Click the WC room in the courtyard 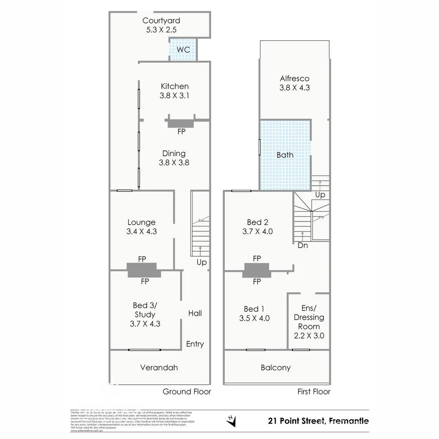pyautogui.click(x=183, y=50)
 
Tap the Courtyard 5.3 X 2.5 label pyautogui.click(x=161, y=25)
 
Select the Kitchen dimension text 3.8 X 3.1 pyautogui.click(x=175, y=96)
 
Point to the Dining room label pyautogui.click(x=174, y=153)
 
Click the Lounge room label pyautogui.click(x=141, y=222)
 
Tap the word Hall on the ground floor pyautogui.click(x=195, y=313)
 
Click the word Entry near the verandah pyautogui.click(x=195, y=344)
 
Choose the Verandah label pyautogui.click(x=159, y=367)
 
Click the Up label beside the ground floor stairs pyautogui.click(x=202, y=263)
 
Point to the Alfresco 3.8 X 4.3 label pyautogui.click(x=295, y=83)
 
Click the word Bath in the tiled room pyautogui.click(x=285, y=155)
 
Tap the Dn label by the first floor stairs pyautogui.click(x=302, y=246)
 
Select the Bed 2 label pyautogui.click(x=257, y=222)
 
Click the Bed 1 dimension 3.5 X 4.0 pyautogui.click(x=254, y=318)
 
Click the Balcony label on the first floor pyautogui.click(x=276, y=367)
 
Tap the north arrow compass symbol pyautogui.click(x=232, y=421)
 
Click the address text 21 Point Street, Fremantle pyautogui.click(x=318, y=421)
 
